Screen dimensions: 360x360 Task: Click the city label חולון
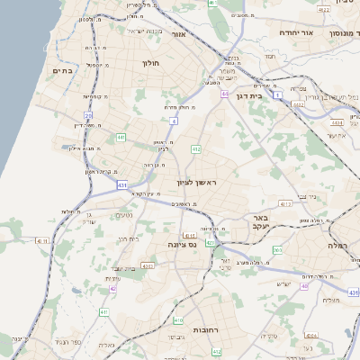(149, 64)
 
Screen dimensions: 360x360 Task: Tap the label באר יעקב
(260, 223)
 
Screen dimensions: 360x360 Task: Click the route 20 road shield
(88, 115)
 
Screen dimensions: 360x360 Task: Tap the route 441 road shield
(120, 137)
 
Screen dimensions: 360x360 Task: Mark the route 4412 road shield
(298, 104)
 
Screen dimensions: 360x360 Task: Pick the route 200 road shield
(277, 249)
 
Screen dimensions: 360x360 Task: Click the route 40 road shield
(304, 286)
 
